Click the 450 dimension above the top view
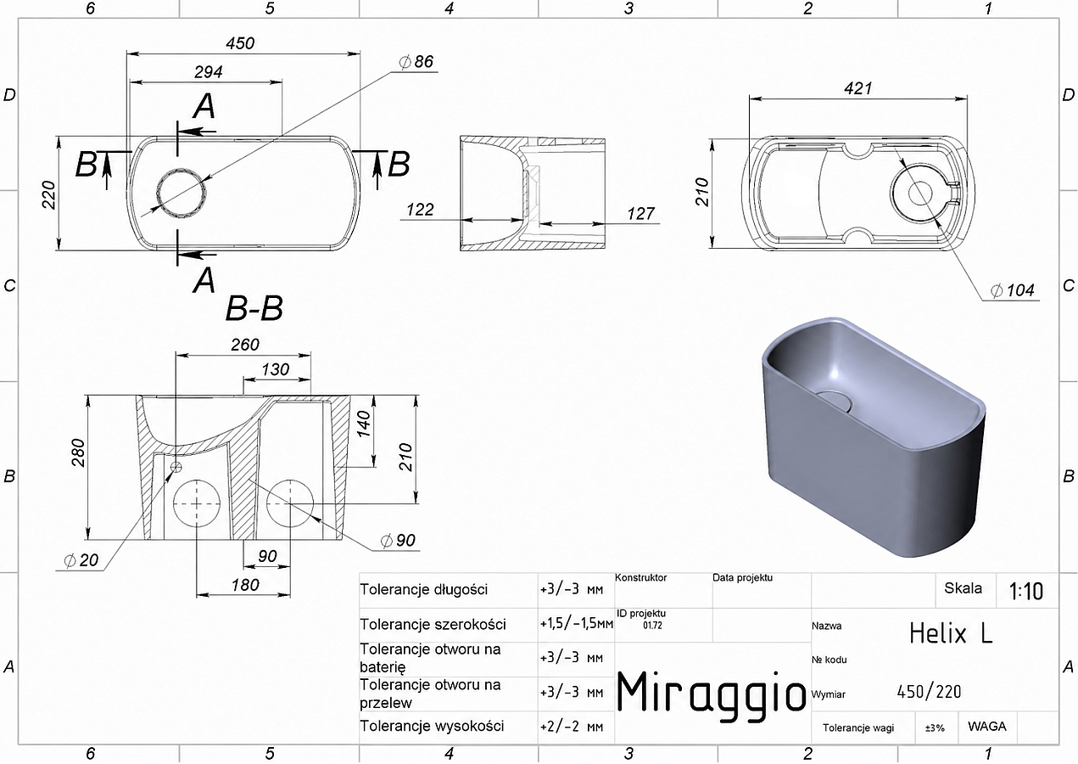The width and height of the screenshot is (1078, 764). point(240,43)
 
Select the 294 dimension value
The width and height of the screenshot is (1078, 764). point(209,72)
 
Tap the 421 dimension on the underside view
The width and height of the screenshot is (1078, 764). point(857,88)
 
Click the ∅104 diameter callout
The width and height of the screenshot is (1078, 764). point(1012,290)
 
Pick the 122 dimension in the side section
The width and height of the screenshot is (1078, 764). point(420,210)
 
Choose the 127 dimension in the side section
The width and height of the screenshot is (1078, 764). point(640,213)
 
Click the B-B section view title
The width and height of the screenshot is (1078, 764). point(254,308)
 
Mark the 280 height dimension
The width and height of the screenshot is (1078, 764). point(78,452)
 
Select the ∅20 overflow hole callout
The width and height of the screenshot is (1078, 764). point(81,560)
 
